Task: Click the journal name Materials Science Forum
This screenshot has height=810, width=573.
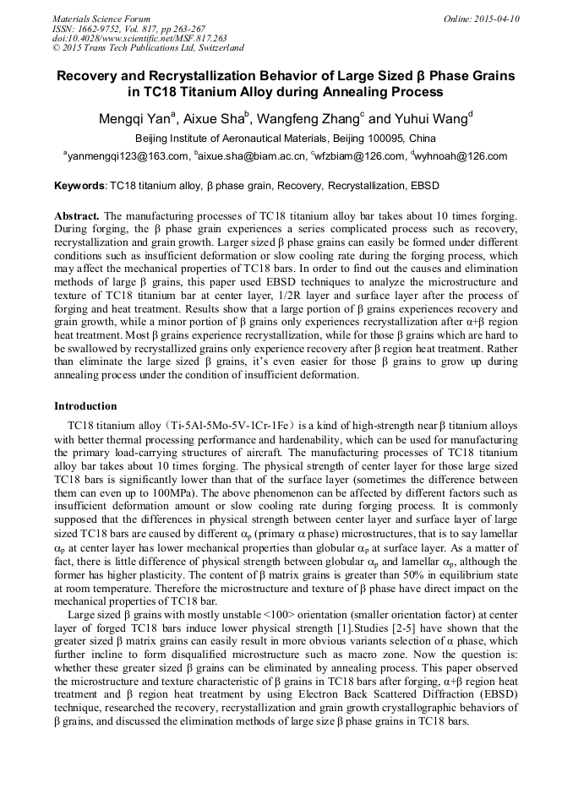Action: click(x=101, y=18)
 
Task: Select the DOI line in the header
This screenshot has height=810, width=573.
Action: click(x=139, y=38)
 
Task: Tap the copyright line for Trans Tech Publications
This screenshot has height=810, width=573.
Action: click(x=148, y=48)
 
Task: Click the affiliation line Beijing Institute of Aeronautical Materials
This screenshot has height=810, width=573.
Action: click(x=286, y=138)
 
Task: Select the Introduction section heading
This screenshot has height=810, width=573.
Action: click(x=85, y=406)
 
